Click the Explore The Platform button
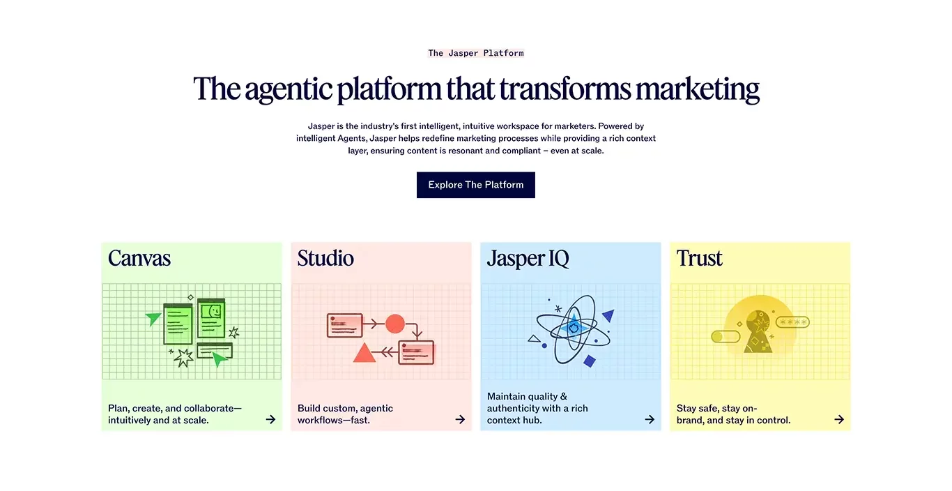[x=475, y=185]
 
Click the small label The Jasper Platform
[x=475, y=53]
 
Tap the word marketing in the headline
[x=697, y=89]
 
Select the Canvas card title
[x=139, y=258]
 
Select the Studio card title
[x=325, y=258]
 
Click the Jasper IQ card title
[x=528, y=259]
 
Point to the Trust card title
[x=699, y=258]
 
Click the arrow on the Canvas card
[x=270, y=420]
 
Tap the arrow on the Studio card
[x=460, y=420]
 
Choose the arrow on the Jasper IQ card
[x=650, y=420]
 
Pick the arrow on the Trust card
[x=839, y=420]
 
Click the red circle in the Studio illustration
[x=395, y=324]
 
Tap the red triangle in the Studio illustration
[x=364, y=353]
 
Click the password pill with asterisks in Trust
[x=792, y=322]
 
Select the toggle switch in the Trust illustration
[x=725, y=337]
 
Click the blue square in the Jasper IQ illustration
[x=590, y=361]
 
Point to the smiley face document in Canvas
[x=211, y=318]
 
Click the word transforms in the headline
[x=565, y=89]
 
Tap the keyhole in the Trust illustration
[x=758, y=332]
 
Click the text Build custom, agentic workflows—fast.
[x=345, y=414]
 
